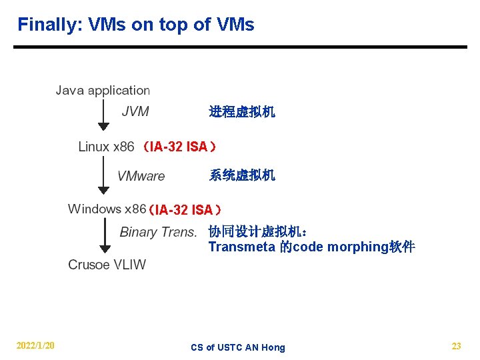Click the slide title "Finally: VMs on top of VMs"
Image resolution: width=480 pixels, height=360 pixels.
tap(135, 25)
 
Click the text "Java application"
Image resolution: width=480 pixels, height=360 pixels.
tap(103, 90)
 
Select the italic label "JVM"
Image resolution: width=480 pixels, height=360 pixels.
tap(135, 111)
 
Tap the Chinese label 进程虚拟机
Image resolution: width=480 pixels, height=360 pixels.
tap(242, 112)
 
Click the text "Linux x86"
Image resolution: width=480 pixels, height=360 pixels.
tap(106, 146)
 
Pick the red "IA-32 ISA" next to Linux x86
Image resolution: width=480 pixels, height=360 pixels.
tap(178, 147)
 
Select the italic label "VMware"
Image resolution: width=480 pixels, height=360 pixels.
tap(141, 176)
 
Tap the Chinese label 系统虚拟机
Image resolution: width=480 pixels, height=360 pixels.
tap(242, 175)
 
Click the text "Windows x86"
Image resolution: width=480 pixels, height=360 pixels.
tap(107, 209)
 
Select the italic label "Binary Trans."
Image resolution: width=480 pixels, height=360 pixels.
tap(158, 232)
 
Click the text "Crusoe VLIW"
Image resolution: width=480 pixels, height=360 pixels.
tap(107, 265)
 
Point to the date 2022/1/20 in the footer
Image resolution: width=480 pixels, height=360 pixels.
tap(35, 345)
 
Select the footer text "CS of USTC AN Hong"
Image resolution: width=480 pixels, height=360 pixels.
tap(237, 347)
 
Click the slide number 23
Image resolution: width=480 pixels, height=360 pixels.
tap(456, 346)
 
